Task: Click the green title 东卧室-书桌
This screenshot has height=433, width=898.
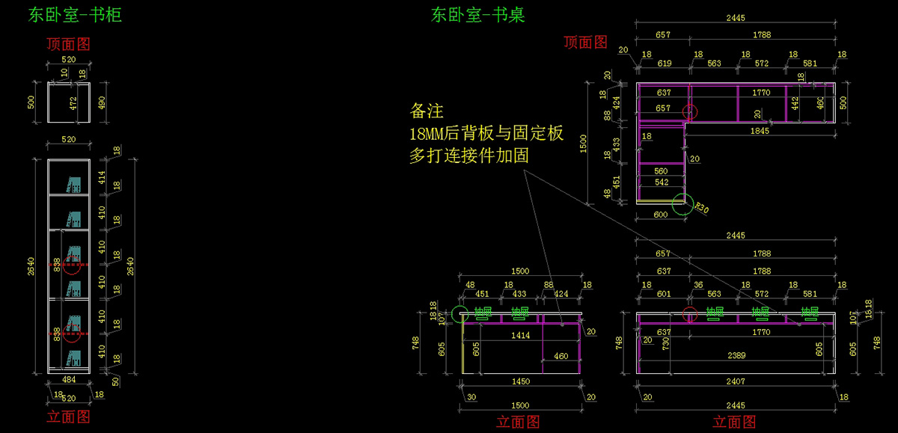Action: point(477,15)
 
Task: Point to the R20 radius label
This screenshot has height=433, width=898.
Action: point(701,209)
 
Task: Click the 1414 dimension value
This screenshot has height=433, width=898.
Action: point(520,336)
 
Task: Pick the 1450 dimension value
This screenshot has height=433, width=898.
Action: point(520,381)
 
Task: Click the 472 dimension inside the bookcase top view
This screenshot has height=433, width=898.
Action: point(73,102)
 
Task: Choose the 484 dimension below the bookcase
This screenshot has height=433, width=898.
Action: point(68,380)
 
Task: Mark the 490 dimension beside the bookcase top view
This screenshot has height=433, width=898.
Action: point(103,102)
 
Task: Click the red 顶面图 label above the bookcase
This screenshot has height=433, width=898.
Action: point(68,44)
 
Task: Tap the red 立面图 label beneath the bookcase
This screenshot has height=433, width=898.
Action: point(68,416)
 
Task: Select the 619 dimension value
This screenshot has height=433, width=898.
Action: point(664,64)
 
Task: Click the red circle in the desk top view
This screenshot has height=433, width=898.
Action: point(691,112)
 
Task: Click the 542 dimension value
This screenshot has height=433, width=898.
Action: point(661,182)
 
